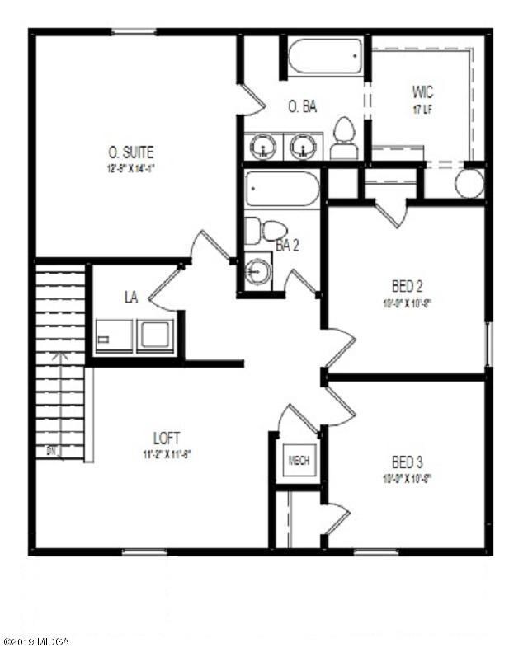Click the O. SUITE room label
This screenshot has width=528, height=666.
click(x=131, y=152)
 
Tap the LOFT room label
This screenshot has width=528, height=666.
click(x=167, y=439)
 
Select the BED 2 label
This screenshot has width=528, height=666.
click(x=407, y=287)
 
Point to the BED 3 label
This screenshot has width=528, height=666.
click(x=407, y=461)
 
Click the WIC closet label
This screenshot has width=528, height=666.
click(x=422, y=91)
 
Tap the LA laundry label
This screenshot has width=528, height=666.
click(x=130, y=295)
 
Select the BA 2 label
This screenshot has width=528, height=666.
click(x=287, y=245)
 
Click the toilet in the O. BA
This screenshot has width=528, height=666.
click(x=342, y=138)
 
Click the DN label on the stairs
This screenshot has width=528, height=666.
click(x=51, y=450)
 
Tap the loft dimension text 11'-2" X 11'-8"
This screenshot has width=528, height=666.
click(x=167, y=453)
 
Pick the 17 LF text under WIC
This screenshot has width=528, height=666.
click(x=422, y=107)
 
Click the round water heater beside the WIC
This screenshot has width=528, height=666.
click(x=469, y=183)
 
